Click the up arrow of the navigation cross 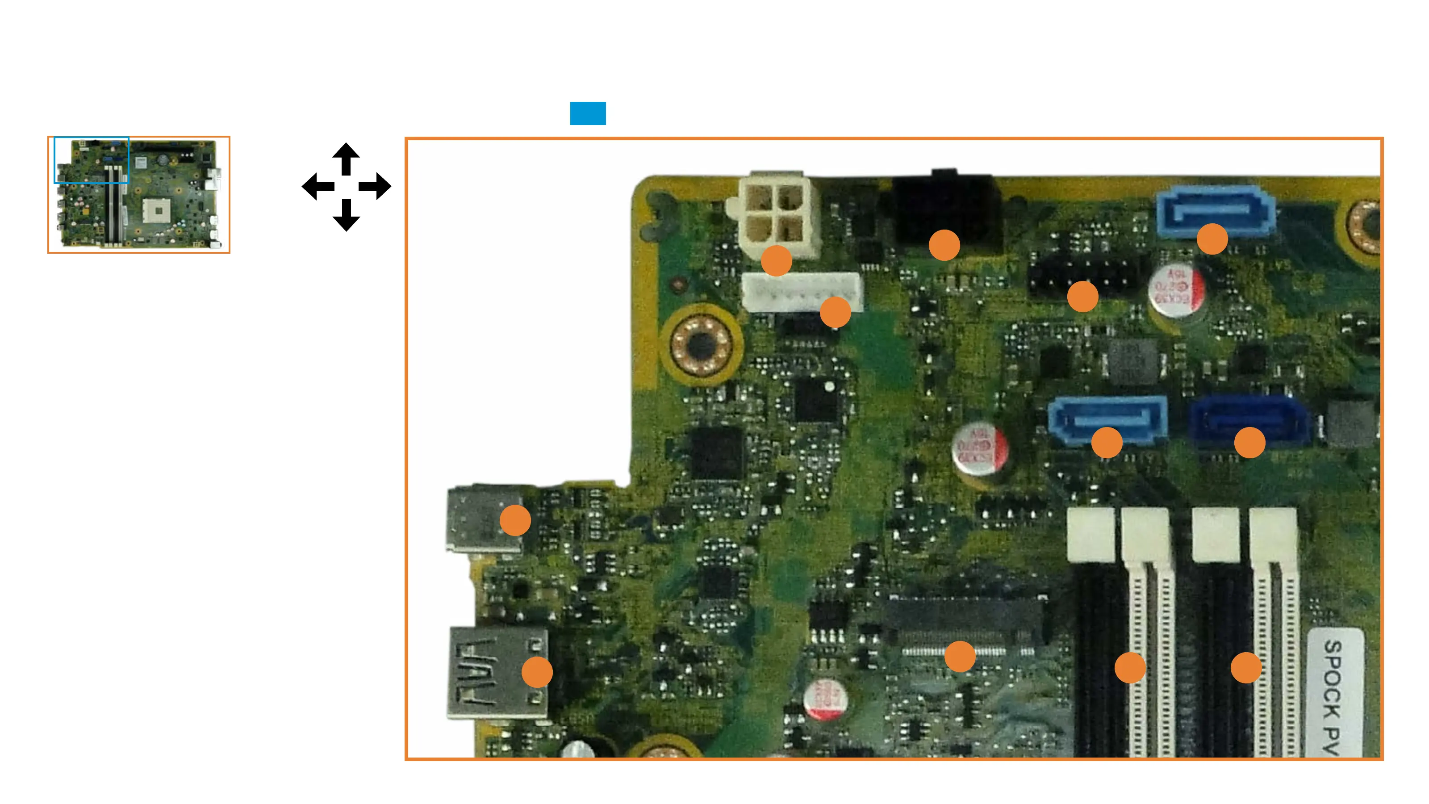coord(346,158)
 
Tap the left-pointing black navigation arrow coord(318,186)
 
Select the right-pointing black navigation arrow coord(376,186)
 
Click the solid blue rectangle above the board coord(588,113)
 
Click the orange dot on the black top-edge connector coord(944,245)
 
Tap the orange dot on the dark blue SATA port coord(1249,443)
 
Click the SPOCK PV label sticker coord(1335,694)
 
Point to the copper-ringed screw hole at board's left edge coord(701,345)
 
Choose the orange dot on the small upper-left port coord(515,520)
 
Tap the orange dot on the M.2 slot coord(960,657)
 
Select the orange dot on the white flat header coord(835,312)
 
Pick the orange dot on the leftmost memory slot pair coord(1130,667)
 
